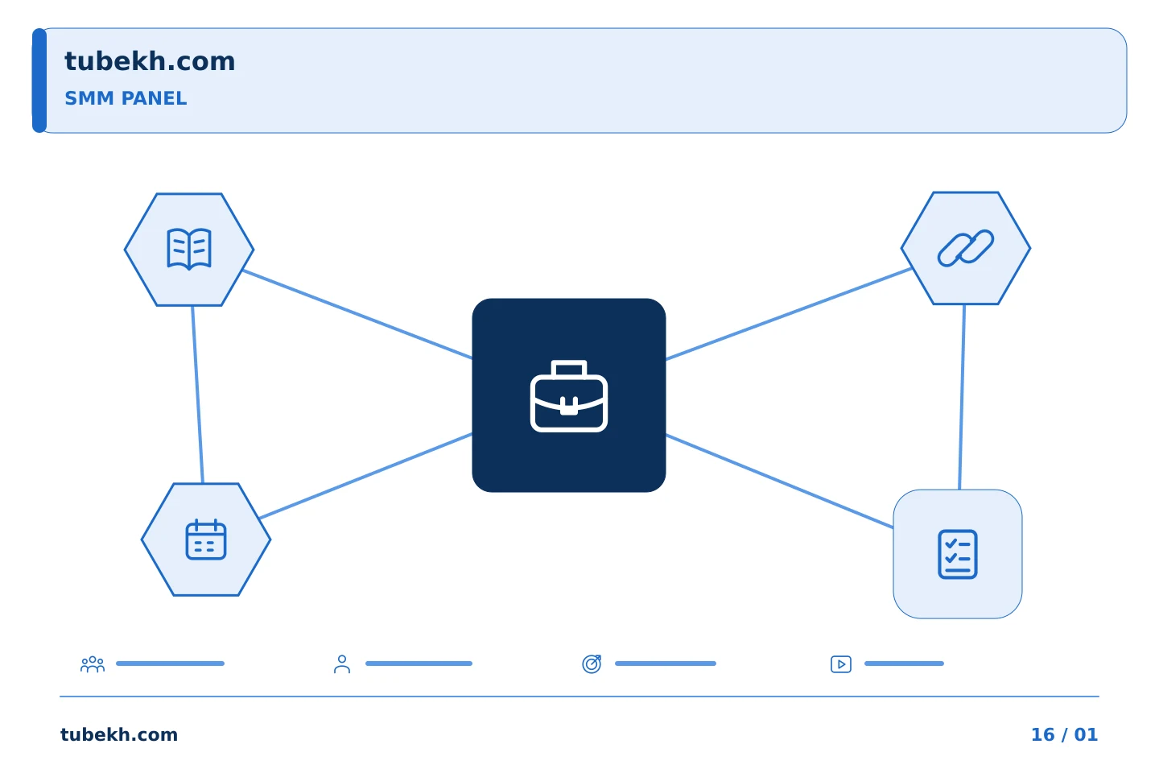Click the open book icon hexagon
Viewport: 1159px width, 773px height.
(x=189, y=250)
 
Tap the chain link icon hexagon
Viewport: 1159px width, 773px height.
(x=966, y=248)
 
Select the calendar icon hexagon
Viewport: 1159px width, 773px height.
(x=206, y=539)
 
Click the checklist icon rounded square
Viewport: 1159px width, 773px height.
(x=957, y=554)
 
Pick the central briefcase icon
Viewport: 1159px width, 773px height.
(x=568, y=395)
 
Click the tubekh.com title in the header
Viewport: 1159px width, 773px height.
(x=150, y=61)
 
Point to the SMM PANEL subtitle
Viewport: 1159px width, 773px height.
(x=126, y=98)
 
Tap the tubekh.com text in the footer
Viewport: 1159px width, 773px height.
(x=119, y=734)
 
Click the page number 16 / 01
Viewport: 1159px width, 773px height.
(x=1064, y=734)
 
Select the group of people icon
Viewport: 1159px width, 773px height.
(x=93, y=663)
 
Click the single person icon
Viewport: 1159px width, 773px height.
(x=342, y=663)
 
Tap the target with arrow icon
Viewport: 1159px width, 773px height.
(x=592, y=663)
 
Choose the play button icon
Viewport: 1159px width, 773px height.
(x=841, y=664)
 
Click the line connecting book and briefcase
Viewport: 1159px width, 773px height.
(x=357, y=314)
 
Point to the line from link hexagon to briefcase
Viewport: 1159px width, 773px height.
(x=789, y=314)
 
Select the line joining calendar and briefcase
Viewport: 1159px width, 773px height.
(x=365, y=476)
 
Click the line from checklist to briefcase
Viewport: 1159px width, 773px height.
(x=779, y=481)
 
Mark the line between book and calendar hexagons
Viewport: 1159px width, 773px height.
(x=198, y=395)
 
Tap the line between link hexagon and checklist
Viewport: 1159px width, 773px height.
(x=962, y=397)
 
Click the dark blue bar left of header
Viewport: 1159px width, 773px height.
(x=39, y=81)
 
